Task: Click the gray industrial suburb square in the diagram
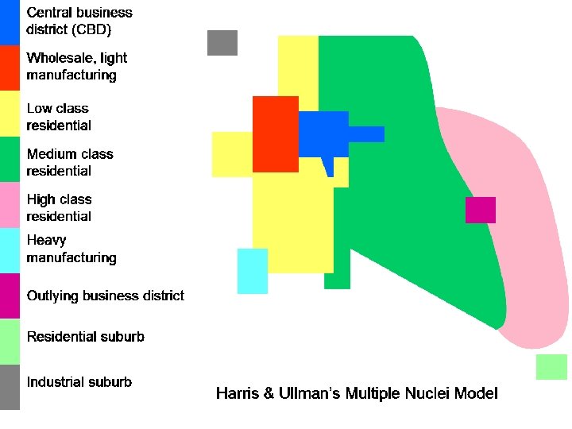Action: pyautogui.click(x=222, y=43)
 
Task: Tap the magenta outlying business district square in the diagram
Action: pyautogui.click(x=481, y=210)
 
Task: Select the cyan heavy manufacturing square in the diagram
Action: pyautogui.click(x=253, y=271)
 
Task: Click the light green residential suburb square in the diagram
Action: pyautogui.click(x=551, y=367)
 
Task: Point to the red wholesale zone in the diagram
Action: pyautogui.click(x=275, y=133)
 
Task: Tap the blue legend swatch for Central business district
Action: pyautogui.click(x=10, y=22)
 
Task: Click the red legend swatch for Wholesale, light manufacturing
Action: pyautogui.click(x=10, y=68)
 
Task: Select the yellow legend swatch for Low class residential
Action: pyautogui.click(x=10, y=114)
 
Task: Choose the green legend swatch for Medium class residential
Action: pyautogui.click(x=10, y=160)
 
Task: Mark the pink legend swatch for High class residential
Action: pyautogui.click(x=10, y=205)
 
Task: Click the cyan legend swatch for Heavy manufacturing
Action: pyautogui.click(x=10, y=250)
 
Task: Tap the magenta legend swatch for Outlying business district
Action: pyautogui.click(x=10, y=296)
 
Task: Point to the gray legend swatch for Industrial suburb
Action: pyautogui.click(x=10, y=387)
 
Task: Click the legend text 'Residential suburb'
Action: pyautogui.click(x=85, y=337)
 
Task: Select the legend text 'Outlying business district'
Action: pyautogui.click(x=105, y=296)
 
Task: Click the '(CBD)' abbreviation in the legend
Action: pyautogui.click(x=90, y=30)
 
